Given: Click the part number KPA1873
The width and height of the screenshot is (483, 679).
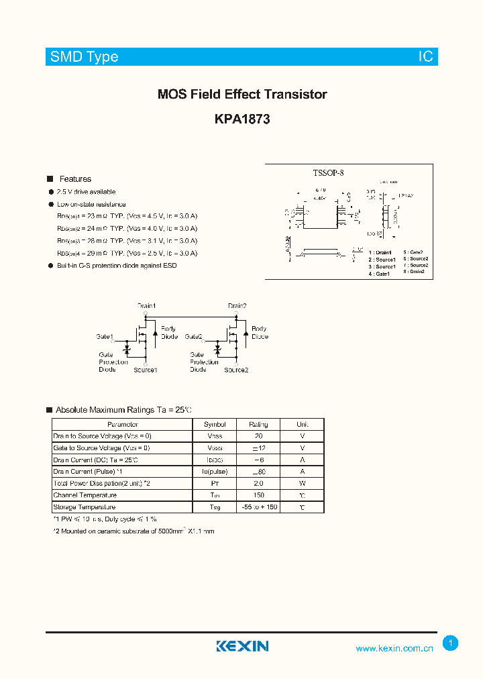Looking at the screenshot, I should pos(242,119).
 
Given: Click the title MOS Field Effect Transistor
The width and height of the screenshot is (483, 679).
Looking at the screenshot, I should pos(242,95).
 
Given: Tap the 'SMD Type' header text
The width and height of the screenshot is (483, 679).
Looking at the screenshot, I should pos(84,57).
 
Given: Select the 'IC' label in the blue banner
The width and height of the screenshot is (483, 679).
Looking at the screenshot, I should pos(426,57).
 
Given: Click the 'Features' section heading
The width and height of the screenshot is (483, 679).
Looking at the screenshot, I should pos(75,179).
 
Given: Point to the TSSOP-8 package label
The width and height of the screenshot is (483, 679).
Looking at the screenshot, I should pos(328,173).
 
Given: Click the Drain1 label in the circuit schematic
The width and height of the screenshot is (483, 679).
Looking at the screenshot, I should pos(147,306).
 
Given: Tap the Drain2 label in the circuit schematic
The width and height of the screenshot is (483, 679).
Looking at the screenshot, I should pos(237,306).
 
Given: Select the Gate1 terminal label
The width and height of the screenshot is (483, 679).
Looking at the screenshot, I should pos(105,336).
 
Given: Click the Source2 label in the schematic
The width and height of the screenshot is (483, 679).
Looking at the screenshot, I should pos(236,370).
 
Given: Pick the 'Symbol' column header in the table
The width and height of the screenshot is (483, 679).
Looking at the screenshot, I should pos(215,425).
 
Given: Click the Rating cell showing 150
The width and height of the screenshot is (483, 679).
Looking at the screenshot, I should pos(258,495).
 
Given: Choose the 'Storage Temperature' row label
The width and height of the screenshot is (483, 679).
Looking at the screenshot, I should pos(85,507).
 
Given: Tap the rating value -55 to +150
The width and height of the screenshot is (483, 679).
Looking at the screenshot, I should pos(258,507).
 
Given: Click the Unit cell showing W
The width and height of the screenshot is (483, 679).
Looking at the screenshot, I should pos(303,483).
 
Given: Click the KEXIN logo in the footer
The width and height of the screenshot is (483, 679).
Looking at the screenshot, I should pos(242,646).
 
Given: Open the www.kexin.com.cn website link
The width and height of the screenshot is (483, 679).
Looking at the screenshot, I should pos(394,648).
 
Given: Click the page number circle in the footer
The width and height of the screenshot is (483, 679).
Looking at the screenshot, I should pos(451,643).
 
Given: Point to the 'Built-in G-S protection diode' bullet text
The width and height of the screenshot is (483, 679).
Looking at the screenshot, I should pos(117,266).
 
